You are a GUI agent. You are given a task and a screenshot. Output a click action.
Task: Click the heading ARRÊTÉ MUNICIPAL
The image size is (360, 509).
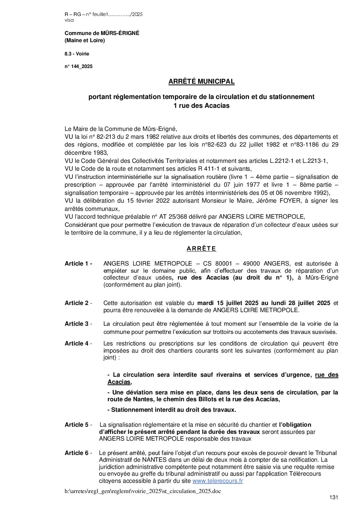(x=201, y=82)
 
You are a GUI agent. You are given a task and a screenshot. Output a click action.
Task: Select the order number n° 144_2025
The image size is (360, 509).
(x=78, y=67)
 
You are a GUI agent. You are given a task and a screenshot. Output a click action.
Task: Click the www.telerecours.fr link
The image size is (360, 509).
(x=217, y=481)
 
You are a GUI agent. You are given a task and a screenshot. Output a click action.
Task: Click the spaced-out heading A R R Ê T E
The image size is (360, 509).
(x=201, y=249)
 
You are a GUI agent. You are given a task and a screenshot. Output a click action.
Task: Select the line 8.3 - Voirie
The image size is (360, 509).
(x=77, y=54)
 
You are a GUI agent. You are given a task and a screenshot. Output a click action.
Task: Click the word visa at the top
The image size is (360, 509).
(x=69, y=20)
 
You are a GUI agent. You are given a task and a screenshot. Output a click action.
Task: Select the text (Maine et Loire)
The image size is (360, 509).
(x=85, y=40)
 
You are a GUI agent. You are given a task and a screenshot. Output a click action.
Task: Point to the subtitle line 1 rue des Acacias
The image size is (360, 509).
(x=201, y=106)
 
